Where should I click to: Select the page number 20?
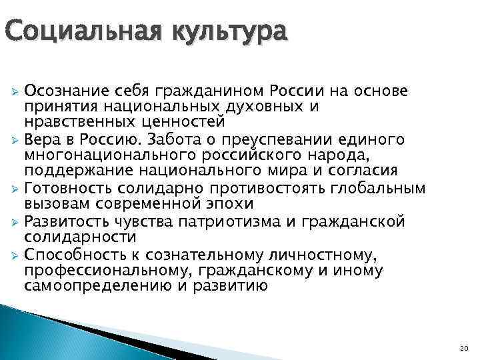click(465, 348)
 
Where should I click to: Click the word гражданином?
click(209, 91)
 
